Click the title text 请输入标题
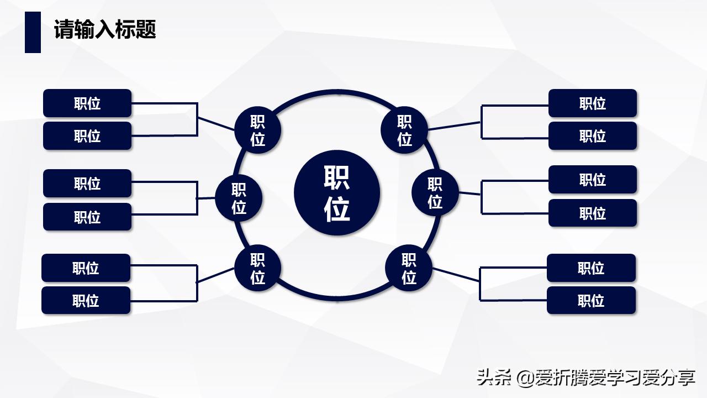[x=105, y=29]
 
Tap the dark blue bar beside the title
[x=33, y=32]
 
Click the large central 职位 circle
[x=337, y=192]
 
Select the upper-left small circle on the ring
[x=258, y=130]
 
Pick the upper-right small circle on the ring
[x=404, y=130]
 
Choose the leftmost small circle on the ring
[x=239, y=198]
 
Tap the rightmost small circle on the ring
[x=435, y=192]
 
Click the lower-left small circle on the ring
[x=258, y=268]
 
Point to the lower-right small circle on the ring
[x=409, y=268]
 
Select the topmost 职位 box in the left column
[x=87, y=103]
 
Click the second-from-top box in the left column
[x=87, y=136]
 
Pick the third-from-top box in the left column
[x=87, y=184]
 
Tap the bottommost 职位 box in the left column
[x=86, y=301]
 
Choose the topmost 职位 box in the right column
[x=593, y=103]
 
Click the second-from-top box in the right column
[x=593, y=136]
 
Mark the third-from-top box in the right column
[x=593, y=180]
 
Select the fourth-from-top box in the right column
[x=593, y=213]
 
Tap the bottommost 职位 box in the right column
[x=591, y=301]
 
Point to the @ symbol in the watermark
[x=525, y=378]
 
